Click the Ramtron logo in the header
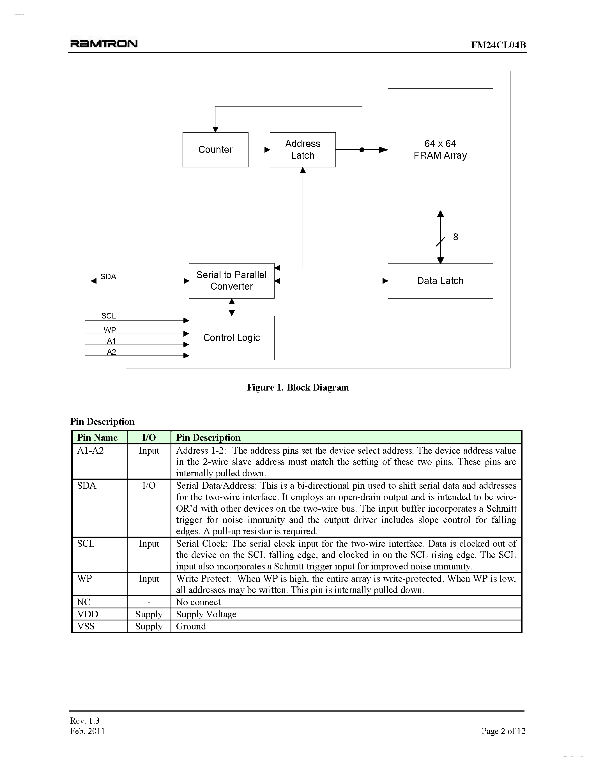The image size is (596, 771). [104, 43]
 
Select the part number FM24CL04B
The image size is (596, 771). [498, 45]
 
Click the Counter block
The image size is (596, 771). [215, 150]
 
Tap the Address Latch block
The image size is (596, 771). [303, 150]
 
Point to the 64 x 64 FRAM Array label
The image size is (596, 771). [440, 149]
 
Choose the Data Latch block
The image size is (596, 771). [440, 281]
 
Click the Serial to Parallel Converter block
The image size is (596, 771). [232, 281]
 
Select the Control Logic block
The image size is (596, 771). [232, 338]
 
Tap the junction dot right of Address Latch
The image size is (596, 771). [362, 150]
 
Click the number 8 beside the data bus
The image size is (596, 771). [455, 237]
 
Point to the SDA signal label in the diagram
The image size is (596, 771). [108, 276]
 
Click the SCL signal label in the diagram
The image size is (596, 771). [108, 316]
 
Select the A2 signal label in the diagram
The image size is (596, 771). [111, 352]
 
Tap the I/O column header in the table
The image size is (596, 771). [149, 437]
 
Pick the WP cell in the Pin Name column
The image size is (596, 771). [85, 579]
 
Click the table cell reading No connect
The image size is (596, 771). [198, 602]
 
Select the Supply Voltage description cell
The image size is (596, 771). [206, 614]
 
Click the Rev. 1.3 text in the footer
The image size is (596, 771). [85, 721]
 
